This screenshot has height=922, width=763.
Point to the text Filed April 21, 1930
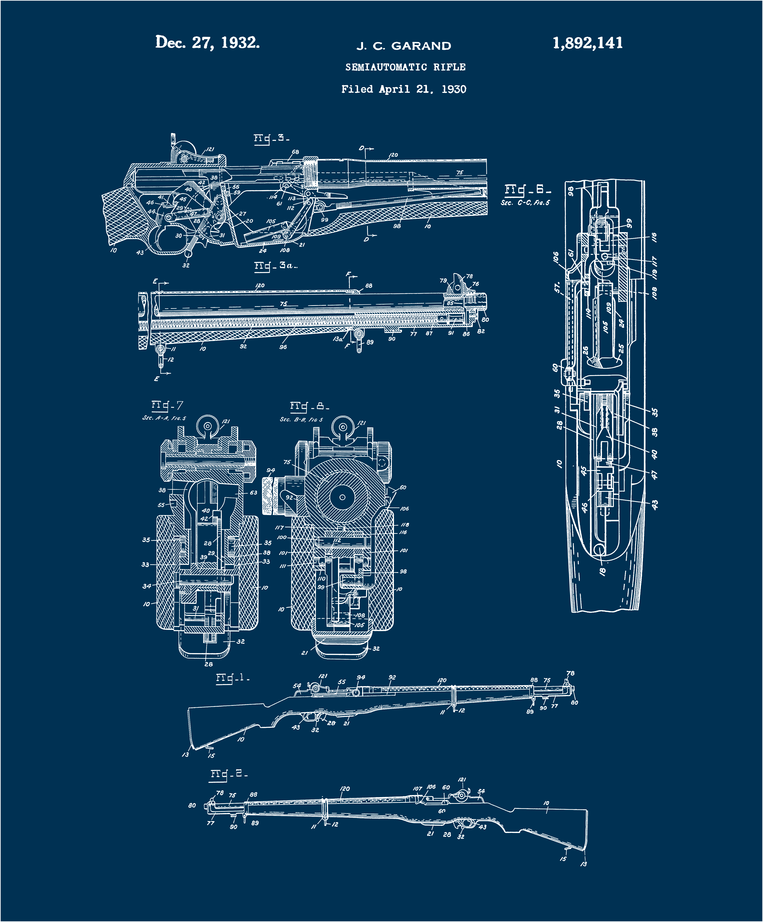click(x=404, y=89)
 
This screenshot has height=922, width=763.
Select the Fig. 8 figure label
click(x=309, y=407)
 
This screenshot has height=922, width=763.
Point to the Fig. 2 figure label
click(x=228, y=774)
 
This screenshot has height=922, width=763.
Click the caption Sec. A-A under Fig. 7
click(x=164, y=418)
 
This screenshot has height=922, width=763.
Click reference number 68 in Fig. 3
click(x=295, y=152)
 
